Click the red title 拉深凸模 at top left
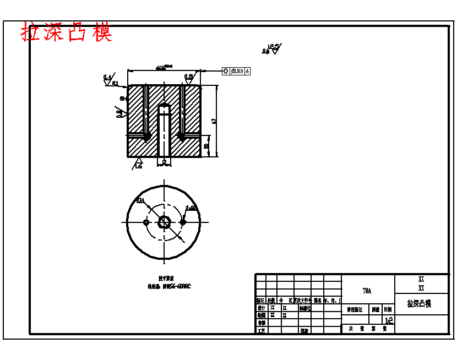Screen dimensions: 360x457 coord(67,32)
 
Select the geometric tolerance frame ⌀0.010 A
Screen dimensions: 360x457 coord(237,71)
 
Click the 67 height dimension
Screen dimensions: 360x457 coord(214,121)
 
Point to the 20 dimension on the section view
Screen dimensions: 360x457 coord(206,146)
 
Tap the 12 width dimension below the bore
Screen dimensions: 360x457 coord(164,162)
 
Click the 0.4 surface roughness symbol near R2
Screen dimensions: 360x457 coord(108,79)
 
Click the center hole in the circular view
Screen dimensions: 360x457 coord(164,222)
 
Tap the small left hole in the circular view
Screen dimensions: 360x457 coord(146,222)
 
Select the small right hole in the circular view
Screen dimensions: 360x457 coord(183,222)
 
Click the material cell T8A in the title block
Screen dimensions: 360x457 coord(367,290)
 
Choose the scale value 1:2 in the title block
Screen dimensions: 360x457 coord(389,319)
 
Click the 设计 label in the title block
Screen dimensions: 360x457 coord(261,308)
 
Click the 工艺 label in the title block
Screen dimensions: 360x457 coord(261,330)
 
